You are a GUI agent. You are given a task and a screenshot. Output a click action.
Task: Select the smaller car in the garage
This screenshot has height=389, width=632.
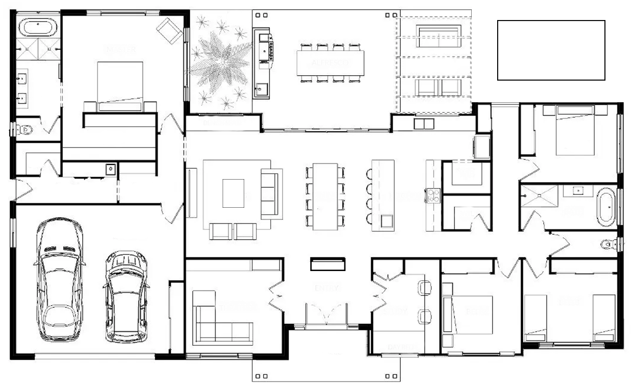click(126, 296)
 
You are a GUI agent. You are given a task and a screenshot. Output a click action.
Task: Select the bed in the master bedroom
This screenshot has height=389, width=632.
click(120, 85)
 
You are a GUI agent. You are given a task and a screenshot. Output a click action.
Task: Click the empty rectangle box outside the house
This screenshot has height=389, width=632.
click(551, 50)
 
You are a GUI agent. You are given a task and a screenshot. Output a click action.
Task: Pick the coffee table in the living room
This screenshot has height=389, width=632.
click(234, 193)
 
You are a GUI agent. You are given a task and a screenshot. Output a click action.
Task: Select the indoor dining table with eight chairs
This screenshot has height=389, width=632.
click(325, 195)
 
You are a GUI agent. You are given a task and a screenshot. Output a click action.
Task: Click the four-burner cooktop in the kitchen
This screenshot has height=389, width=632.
click(433, 194)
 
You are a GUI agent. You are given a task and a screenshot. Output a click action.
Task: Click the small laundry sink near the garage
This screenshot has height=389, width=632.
click(110, 168)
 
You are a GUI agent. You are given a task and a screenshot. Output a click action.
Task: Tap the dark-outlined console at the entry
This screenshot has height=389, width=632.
click(328, 264)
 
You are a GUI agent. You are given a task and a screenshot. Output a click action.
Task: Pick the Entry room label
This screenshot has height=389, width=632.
click(327, 288)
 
